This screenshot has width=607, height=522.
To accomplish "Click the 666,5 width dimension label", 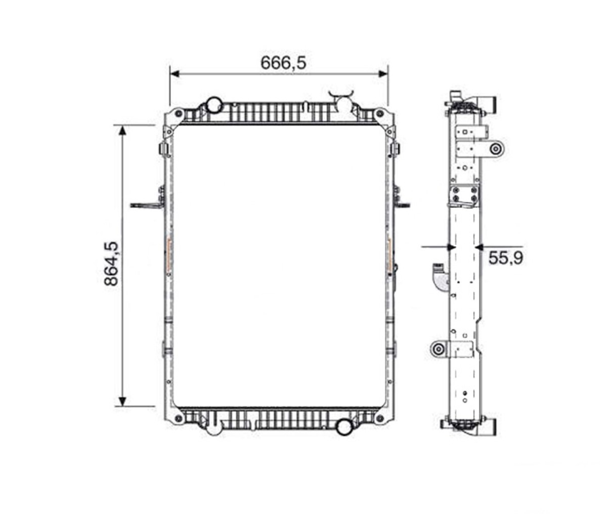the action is [x=283, y=63].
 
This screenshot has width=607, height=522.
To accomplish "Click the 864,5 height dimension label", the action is [x=111, y=264].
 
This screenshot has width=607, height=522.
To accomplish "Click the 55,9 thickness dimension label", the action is [x=506, y=258].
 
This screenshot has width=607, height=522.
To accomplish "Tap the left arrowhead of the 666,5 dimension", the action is [x=175, y=74].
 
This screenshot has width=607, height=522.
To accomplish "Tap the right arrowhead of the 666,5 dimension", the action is [x=383, y=74].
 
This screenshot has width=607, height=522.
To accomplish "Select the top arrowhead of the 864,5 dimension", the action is [x=122, y=130].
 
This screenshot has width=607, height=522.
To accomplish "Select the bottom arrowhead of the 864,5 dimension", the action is [x=122, y=401].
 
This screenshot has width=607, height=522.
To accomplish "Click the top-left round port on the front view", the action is [x=214, y=105].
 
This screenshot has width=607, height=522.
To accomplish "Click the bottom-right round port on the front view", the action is [x=344, y=427].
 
